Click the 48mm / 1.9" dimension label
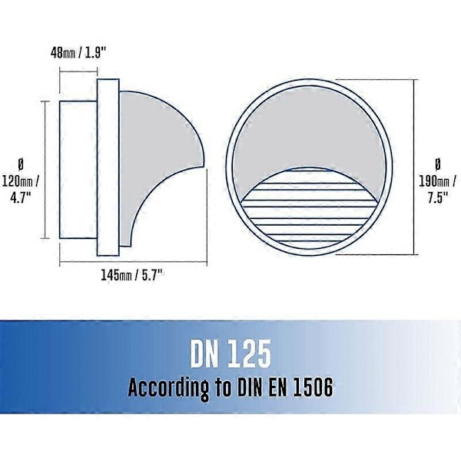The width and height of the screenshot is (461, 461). pyautogui.click(x=78, y=53)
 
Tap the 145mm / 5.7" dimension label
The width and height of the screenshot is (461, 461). pyautogui.click(x=131, y=276)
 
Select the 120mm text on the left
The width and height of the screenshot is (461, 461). pyautogui.click(x=18, y=181)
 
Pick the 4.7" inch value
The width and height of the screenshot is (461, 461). pyautogui.click(x=20, y=197)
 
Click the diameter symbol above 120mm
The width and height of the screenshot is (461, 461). pyautogui.click(x=21, y=164)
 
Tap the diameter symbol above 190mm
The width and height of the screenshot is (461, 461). pyautogui.click(x=437, y=164)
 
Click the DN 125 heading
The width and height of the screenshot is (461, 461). pyautogui.click(x=230, y=353)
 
